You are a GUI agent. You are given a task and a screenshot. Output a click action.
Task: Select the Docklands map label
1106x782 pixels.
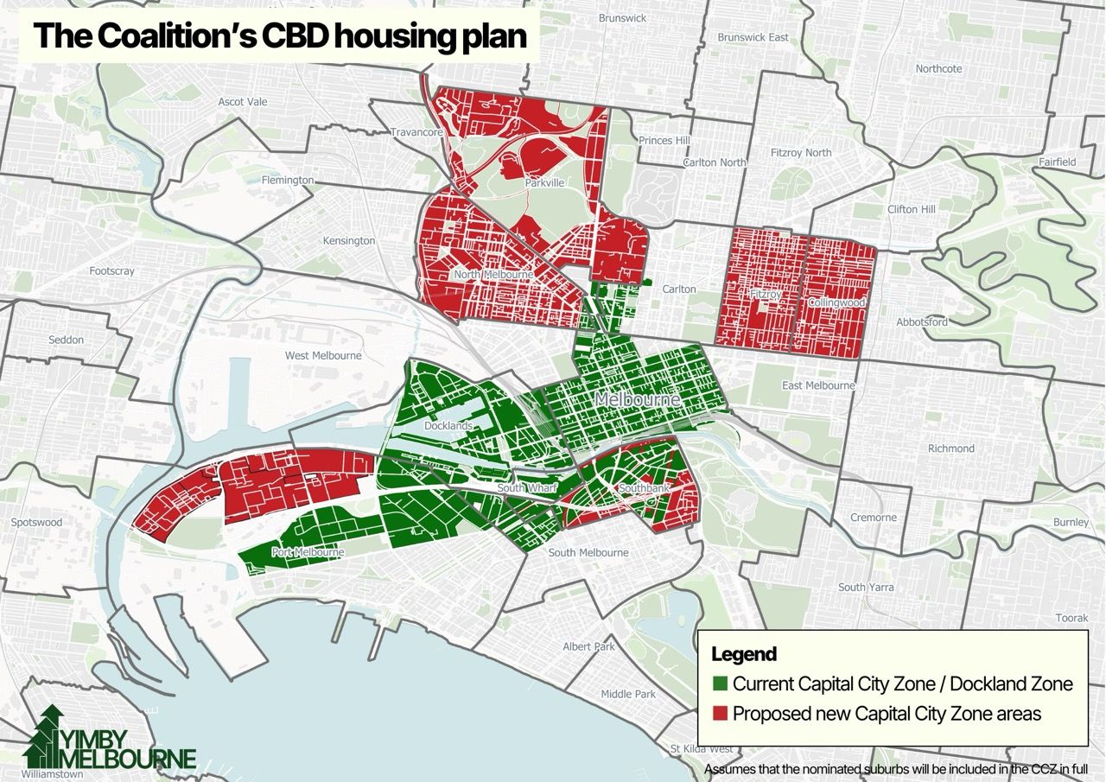tap(448, 426)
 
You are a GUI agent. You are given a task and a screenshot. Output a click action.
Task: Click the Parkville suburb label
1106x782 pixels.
tap(544, 183)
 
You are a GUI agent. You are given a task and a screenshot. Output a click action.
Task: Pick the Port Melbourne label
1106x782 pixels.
tap(308, 552)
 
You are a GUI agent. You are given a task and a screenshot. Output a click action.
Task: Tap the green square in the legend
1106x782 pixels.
tap(719, 684)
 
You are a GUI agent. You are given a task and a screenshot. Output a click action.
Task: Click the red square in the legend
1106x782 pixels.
tap(719, 715)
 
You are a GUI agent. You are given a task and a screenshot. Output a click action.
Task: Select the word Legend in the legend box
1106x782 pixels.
tap(743, 654)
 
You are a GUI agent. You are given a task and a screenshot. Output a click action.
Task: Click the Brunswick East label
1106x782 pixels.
tap(753, 37)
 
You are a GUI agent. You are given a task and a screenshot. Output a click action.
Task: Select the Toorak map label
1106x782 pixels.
tap(1071, 618)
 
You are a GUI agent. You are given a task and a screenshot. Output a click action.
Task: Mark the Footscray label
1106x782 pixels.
tap(112, 270)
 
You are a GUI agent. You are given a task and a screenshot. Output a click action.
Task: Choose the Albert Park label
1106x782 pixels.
tap(588, 646)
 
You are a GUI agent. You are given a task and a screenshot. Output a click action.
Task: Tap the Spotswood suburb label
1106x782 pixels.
tap(36, 523)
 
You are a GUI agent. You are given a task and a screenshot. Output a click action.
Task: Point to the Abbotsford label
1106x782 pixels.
tap(922, 321)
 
